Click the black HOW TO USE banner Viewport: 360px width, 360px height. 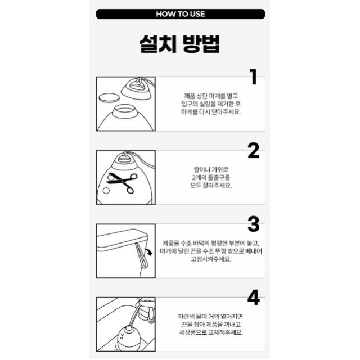click(x=181, y=14)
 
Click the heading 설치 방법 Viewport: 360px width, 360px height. click(x=179, y=44)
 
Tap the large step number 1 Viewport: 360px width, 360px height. click(x=254, y=76)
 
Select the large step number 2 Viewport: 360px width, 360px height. click(x=254, y=150)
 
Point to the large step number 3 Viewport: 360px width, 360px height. click(x=254, y=224)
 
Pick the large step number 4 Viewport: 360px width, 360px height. click(x=254, y=298)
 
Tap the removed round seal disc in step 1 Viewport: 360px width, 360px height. click(x=109, y=98)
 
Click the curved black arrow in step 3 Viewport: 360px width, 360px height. click(x=148, y=251)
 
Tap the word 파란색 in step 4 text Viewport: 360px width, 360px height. click(x=186, y=317)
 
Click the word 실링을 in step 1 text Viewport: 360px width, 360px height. click(x=208, y=104)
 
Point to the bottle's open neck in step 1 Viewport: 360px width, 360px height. click(x=125, y=111)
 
